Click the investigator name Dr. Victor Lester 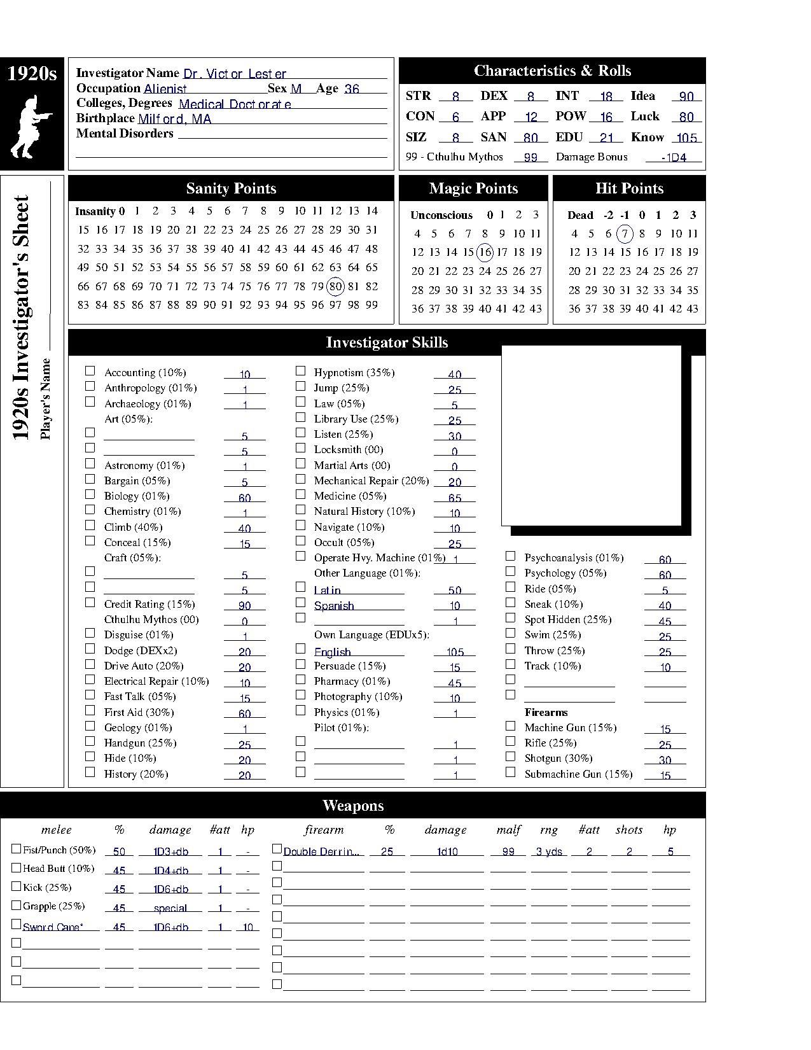pos(235,74)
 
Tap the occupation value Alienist pos(165,89)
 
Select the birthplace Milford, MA pos(174,119)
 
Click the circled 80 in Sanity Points pos(335,286)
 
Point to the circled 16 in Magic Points pos(485,252)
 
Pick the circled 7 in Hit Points pos(625,234)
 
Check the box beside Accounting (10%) pos(90,371)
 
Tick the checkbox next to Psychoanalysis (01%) pos(510,556)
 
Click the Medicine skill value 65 pos(454,498)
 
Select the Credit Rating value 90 pos(244,606)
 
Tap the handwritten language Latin pos(328,591)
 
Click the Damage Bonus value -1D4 pos(674,158)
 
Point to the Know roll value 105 pos(687,138)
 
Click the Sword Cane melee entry pos(53,927)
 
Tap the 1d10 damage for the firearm pos(447,851)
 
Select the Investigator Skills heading pos(387,342)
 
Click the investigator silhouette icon pos(31,127)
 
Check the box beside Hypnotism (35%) pos(300,371)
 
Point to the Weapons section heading pos(353,806)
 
